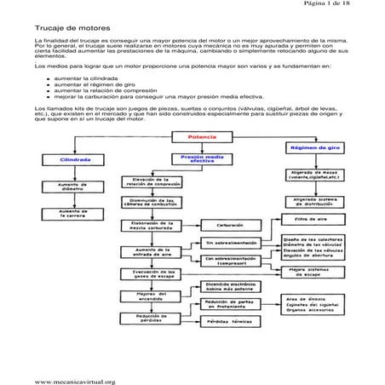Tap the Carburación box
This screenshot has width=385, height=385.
230,226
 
